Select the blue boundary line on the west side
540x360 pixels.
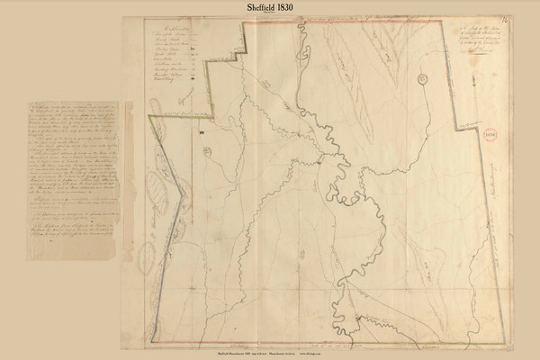[166, 270]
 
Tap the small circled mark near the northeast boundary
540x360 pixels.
[421, 79]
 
